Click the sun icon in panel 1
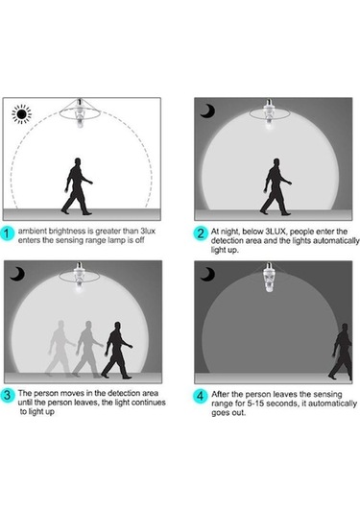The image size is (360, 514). tap(22, 114)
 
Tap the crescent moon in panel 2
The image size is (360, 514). tap(208, 111)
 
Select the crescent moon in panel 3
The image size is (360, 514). tap(17, 274)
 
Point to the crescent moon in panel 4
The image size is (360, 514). tap(208, 274)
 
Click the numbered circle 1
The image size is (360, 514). tap(7, 234)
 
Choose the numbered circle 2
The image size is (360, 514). tap(200, 233)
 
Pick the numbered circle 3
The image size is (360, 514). tap(7, 395)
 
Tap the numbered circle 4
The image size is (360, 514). tap(200, 396)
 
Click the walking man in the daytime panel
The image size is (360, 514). tap(78, 186)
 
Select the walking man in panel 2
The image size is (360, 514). tap(276, 186)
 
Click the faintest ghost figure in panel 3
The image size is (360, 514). tap(60, 349)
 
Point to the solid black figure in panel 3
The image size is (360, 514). tap(117, 351)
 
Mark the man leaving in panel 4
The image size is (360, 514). tap(341, 352)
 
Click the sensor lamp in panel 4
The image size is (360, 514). tap(269, 278)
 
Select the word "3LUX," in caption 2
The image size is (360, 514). tap(276, 232)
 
